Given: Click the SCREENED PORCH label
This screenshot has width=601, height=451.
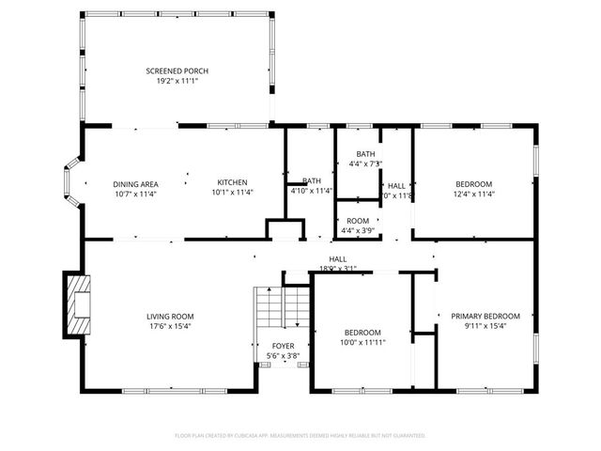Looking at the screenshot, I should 177,71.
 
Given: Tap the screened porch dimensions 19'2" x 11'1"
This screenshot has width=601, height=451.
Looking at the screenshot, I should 177,81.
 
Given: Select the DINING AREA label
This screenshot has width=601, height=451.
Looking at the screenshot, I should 135,183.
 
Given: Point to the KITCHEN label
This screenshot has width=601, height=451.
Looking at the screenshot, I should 232,183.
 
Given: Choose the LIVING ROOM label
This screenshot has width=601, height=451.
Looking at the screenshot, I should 169,317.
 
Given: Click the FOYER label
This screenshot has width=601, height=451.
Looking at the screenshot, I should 283,347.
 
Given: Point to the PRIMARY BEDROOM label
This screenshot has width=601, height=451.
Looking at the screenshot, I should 485,317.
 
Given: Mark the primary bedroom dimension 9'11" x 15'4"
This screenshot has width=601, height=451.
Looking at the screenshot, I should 485,326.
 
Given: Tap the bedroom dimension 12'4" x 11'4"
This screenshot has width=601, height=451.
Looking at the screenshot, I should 474,194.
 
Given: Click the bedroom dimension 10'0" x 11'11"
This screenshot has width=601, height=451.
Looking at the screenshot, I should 362,342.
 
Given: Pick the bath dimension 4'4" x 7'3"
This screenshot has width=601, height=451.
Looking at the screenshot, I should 365,164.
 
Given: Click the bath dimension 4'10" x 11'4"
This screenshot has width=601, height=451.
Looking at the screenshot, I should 312,191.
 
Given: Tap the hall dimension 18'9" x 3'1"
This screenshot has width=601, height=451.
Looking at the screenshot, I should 337,268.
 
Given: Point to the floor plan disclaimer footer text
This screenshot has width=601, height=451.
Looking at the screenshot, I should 300,436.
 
